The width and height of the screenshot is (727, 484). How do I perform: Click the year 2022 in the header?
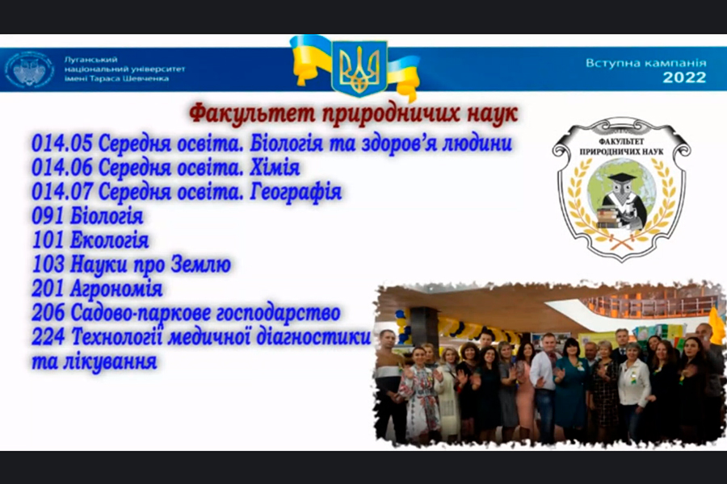coord(684,77)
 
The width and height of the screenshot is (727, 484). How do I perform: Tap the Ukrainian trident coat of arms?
coord(359,68)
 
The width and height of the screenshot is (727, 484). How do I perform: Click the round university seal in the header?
coord(30,69)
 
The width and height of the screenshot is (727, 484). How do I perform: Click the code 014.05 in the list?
coord(62,143)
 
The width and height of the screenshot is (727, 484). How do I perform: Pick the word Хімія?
coord(275,167)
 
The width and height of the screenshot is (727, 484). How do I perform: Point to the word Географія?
coord(296,192)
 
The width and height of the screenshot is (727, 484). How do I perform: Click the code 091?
coord(48,215)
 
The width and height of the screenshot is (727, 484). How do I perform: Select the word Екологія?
coord(109,240)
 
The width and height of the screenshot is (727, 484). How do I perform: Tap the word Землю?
coord(201,264)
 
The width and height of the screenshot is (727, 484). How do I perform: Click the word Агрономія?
coord(116,289)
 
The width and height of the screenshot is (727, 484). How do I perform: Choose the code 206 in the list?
coord(48,313)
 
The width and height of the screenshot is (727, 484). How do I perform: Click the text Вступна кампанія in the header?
coord(646,63)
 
